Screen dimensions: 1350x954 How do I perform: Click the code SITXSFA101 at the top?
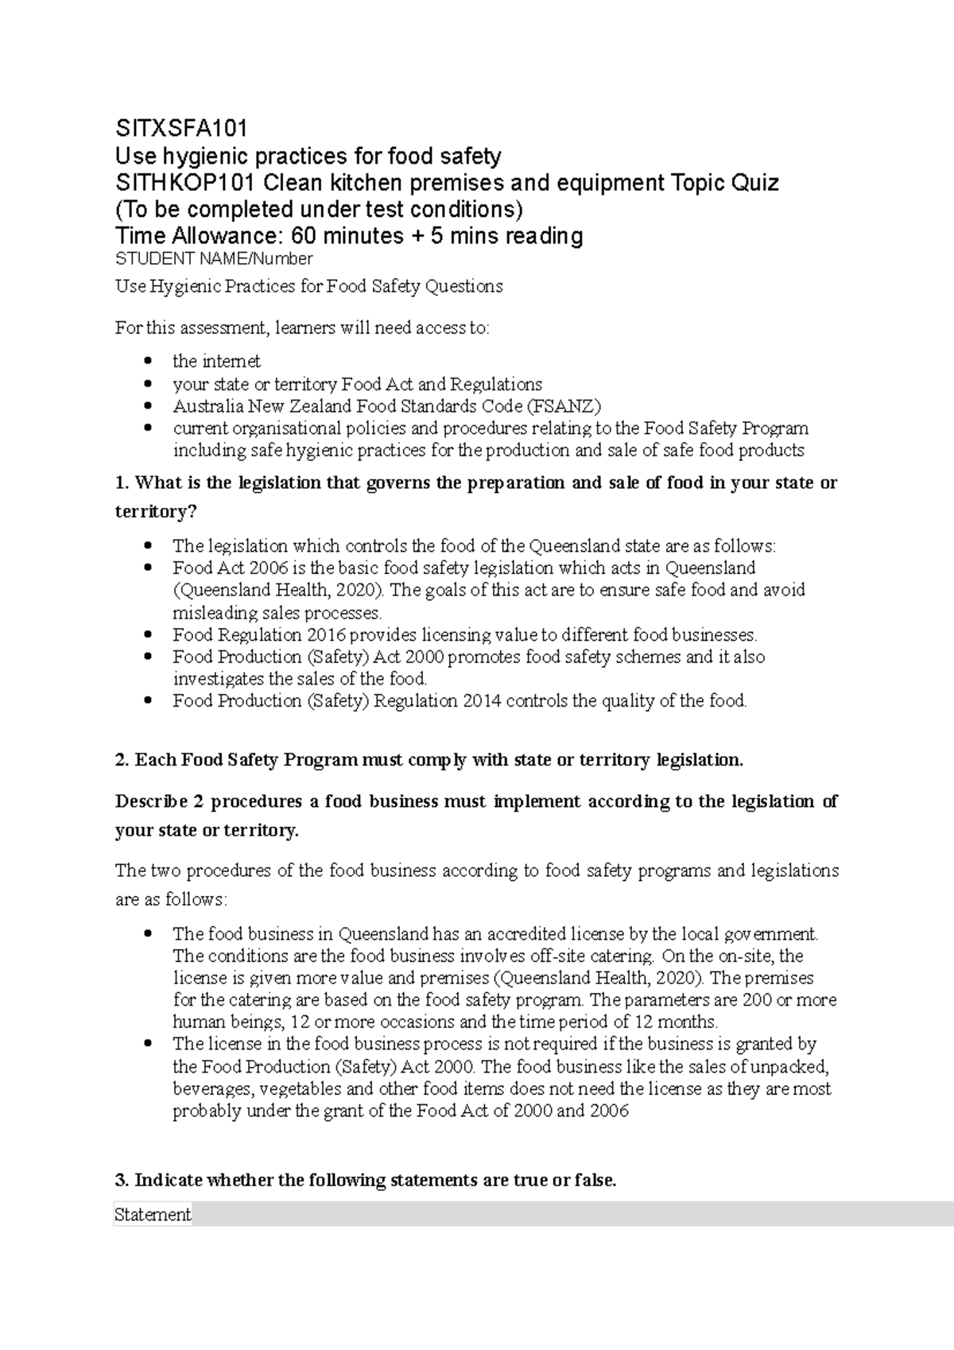pos(181,128)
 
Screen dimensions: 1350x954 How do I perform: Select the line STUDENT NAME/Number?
pos(214,259)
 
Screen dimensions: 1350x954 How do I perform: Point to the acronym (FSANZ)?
pos(565,406)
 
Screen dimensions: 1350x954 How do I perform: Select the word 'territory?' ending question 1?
pos(155,512)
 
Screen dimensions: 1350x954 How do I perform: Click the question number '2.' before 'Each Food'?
pos(122,760)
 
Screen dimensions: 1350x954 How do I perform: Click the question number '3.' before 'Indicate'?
pos(122,1181)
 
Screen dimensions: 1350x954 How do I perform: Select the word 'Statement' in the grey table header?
pos(153,1215)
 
